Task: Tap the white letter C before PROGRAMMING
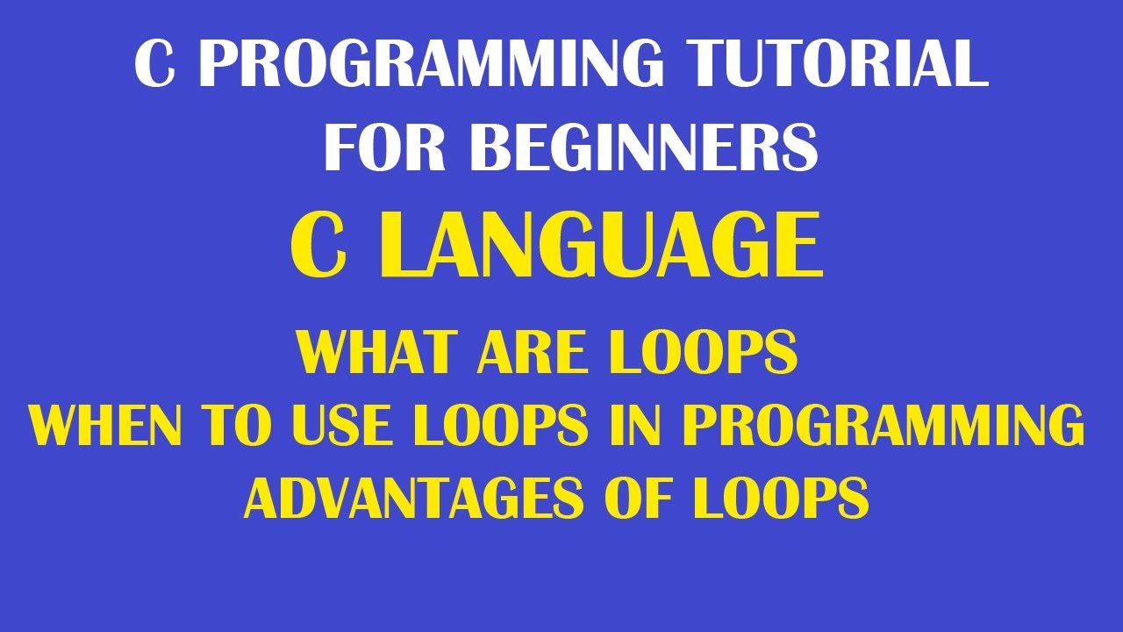click(x=154, y=64)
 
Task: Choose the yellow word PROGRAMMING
click(x=883, y=426)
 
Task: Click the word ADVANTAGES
click(x=413, y=499)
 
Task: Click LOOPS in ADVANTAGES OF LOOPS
click(x=782, y=499)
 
